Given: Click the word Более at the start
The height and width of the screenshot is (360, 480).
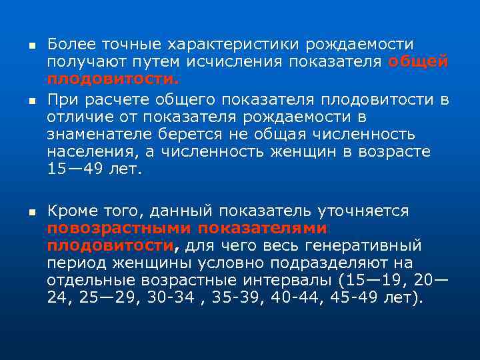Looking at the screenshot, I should pos(71,45).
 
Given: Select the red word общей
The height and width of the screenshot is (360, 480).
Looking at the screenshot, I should pos(418,62).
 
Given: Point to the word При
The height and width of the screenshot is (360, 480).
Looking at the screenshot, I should pos(62,100).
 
